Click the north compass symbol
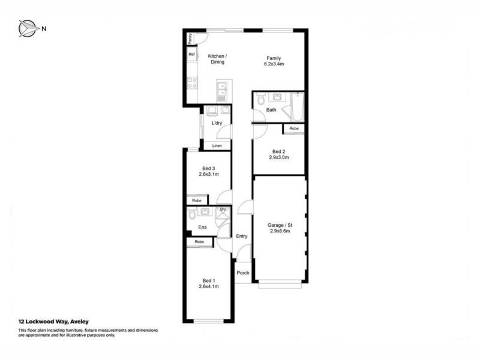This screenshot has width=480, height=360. point(28,28)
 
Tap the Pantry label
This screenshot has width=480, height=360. point(190,38)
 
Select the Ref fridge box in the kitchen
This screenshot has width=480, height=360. point(192,54)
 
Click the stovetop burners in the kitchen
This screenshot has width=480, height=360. point(192,83)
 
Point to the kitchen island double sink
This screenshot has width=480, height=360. point(221,91)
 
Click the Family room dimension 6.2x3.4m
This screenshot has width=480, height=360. point(274,64)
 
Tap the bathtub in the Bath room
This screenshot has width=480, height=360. point(297,107)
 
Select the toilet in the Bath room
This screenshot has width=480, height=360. point(261,98)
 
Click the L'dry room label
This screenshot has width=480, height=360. point(217,123)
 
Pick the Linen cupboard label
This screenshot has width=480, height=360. point(217,146)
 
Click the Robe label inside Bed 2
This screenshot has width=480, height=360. point(294,128)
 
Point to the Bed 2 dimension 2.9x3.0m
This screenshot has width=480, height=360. point(279,157)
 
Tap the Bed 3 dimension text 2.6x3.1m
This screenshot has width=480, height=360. point(209,174)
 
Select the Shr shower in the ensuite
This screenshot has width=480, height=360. point(223,214)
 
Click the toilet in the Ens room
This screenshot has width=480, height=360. point(192,214)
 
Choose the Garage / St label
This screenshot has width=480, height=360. point(280,225)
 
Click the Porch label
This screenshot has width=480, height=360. point(243,273)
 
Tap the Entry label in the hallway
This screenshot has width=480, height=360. point(242,236)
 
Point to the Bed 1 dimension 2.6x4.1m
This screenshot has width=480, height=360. point(209,287)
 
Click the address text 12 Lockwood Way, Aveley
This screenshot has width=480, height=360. point(53,322)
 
